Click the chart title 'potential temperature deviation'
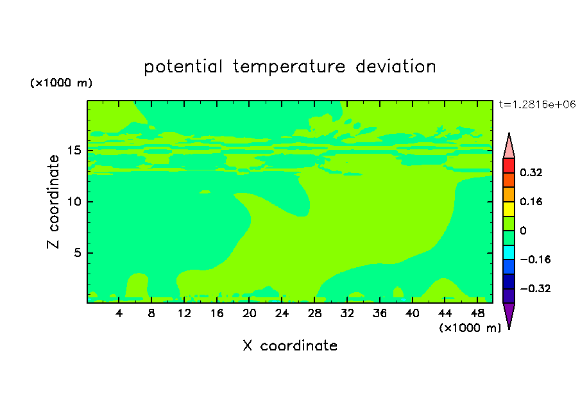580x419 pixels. (289, 67)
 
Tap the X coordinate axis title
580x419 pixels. (290, 345)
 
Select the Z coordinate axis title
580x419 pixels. (53, 202)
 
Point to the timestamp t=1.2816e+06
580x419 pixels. (537, 104)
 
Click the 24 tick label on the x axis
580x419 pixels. (282, 313)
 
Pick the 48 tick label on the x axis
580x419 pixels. (477, 313)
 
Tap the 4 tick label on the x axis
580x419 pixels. (119, 313)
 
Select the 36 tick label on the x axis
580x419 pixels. (380, 313)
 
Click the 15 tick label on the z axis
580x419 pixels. (74, 151)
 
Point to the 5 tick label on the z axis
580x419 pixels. (77, 252)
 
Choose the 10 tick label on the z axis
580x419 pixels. (74, 202)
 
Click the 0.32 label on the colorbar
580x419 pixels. (531, 172)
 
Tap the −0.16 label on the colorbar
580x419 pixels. (535, 259)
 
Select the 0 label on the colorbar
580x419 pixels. (523, 231)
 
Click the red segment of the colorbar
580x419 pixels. (509, 165)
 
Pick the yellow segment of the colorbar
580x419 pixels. (509, 209)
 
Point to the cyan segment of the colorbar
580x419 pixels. (509, 252)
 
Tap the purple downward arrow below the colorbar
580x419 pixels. (509, 315)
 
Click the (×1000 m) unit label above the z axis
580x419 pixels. (61, 83)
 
